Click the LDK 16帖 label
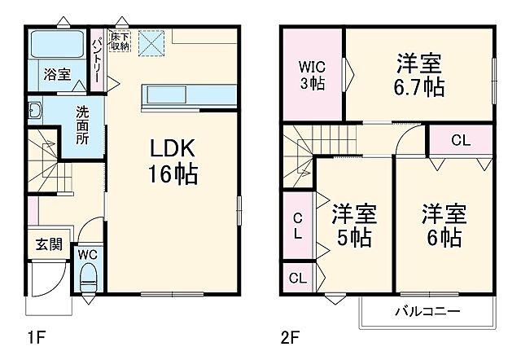tap(173, 160)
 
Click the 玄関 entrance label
tap(48, 244)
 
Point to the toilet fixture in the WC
tap(88, 277)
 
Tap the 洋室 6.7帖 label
tap(420, 74)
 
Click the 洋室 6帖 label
tap(442, 226)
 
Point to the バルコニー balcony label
tap(427, 311)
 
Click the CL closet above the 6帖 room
tap(461, 139)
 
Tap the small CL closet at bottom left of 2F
tap(298, 278)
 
